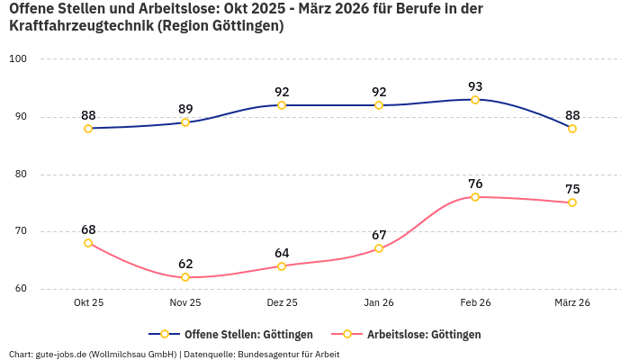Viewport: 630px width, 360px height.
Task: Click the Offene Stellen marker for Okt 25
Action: point(88,129)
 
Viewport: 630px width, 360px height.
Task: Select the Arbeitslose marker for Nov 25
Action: point(185,277)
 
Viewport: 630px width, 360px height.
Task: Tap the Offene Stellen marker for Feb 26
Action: point(475,100)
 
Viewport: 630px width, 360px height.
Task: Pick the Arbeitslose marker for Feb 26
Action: point(475,197)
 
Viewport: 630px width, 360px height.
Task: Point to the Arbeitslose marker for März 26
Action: point(572,202)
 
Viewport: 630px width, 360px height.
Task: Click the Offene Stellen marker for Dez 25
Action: point(282,105)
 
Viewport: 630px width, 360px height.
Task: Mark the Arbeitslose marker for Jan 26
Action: point(379,248)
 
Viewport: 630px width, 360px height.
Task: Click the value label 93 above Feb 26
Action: point(475,86)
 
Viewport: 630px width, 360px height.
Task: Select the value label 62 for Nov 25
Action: point(185,264)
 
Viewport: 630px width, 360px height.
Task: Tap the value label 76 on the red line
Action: point(475,184)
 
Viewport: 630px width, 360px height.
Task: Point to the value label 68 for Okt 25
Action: point(88,229)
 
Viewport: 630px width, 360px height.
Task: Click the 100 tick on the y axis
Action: point(18,59)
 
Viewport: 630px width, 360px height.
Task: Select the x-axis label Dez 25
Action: point(282,303)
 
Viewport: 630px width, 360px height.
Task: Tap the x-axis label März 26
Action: point(572,303)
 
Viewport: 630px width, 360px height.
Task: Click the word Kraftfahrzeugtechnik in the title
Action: point(79,26)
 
